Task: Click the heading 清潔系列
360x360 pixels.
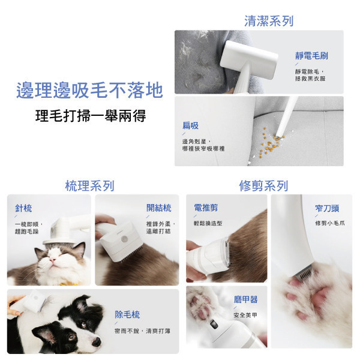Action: point(269,21)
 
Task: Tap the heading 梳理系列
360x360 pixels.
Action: point(90,185)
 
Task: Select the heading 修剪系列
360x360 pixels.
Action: point(263,185)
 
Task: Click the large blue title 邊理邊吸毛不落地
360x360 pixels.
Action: point(89,90)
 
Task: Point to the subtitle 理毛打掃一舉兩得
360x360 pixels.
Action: point(91,116)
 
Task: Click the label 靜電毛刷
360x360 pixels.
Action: point(311,56)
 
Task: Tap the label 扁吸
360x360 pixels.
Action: point(190,125)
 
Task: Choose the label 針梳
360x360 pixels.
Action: point(23,208)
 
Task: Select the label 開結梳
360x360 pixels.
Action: point(158,208)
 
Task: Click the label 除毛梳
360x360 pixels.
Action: point(127,314)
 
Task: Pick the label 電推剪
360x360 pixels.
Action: point(206,208)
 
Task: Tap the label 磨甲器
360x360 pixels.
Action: point(245,299)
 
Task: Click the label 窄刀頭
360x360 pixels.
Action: point(327,208)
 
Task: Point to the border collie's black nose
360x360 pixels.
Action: point(97,342)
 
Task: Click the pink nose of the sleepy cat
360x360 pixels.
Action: point(53,260)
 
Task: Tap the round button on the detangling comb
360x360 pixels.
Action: point(125,239)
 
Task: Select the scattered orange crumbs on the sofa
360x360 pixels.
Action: point(271,144)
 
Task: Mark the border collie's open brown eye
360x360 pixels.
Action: point(71,337)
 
